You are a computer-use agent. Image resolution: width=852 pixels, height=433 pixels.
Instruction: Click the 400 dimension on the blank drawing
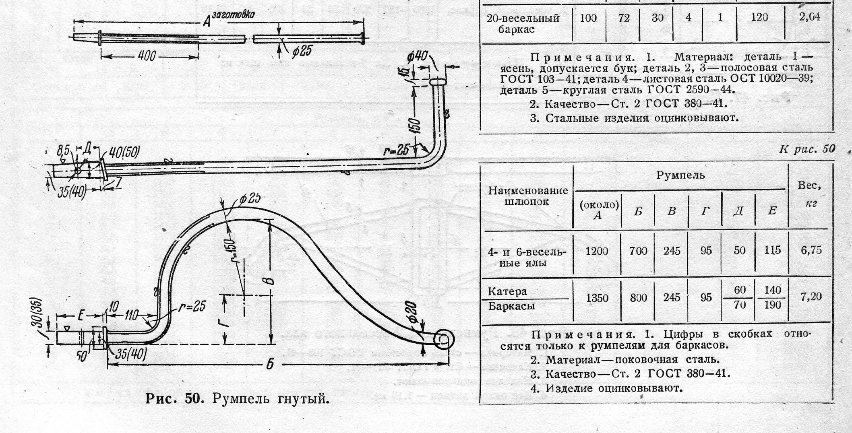[x=147, y=56]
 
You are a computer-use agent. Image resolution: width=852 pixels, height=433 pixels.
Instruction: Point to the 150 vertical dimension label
[x=417, y=126]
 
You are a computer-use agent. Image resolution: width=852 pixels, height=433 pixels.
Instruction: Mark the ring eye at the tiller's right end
[x=443, y=340]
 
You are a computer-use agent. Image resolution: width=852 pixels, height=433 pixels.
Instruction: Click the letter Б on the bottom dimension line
[x=270, y=364]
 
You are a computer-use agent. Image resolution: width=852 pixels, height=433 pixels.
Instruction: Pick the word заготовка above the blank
[x=233, y=15]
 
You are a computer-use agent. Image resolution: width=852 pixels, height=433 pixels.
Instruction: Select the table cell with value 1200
[x=597, y=251]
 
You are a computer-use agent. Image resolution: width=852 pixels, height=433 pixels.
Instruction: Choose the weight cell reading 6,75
[x=811, y=250]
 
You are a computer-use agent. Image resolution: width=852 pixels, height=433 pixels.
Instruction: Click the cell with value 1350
[x=597, y=298]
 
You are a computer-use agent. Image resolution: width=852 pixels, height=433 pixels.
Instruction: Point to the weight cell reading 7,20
[x=811, y=297]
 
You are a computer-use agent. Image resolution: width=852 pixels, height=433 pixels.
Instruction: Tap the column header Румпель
[x=680, y=175]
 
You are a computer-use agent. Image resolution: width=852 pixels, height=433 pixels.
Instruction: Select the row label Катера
[x=507, y=291]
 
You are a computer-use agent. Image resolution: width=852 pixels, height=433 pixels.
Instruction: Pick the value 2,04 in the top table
[x=809, y=17]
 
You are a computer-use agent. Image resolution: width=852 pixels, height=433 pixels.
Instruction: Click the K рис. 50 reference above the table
[x=807, y=149]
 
